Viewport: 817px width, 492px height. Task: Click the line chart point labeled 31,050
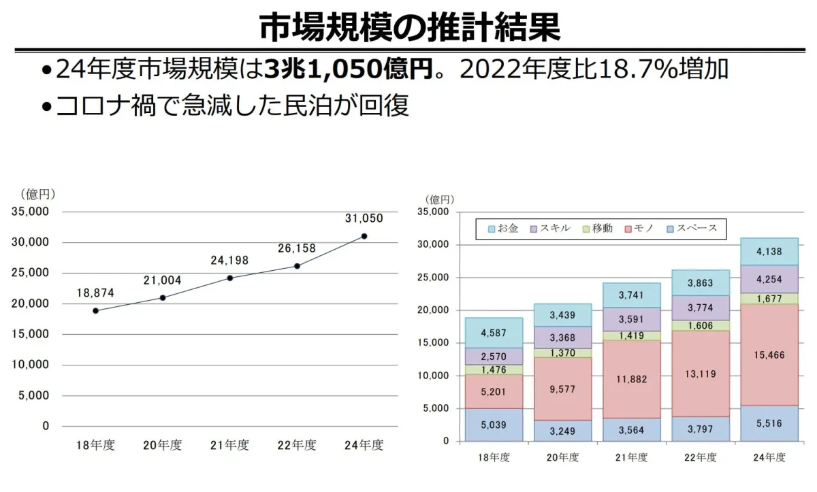point(364,236)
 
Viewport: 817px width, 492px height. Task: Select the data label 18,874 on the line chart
point(95,293)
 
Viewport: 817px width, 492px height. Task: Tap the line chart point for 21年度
point(230,278)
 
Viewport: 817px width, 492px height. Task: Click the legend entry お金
point(503,229)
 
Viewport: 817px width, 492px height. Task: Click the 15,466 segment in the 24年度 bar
point(767,355)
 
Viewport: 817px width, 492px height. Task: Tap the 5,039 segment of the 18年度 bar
point(494,425)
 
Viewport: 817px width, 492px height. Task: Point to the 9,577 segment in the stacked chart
point(562,389)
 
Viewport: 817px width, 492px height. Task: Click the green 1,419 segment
point(630,335)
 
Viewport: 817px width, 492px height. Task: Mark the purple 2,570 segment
point(494,357)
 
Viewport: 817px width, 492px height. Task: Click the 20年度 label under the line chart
point(163,446)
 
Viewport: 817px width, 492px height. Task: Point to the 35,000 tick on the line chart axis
point(31,212)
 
